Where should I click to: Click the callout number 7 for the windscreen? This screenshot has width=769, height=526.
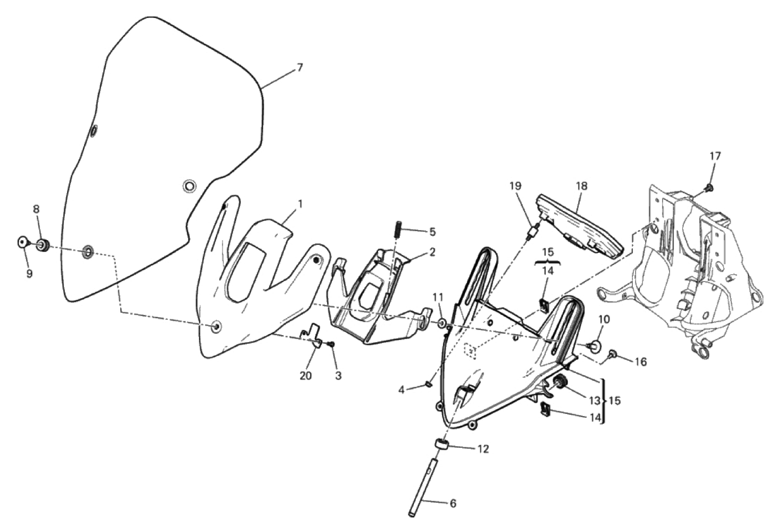[300, 67]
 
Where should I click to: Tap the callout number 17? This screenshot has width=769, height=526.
[716, 156]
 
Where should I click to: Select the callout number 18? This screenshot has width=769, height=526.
[582, 186]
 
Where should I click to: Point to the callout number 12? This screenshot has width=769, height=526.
[483, 449]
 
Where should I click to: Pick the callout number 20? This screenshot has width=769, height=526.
[306, 376]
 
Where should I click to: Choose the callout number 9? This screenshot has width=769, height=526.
[30, 274]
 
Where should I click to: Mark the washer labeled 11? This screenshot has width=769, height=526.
[442, 323]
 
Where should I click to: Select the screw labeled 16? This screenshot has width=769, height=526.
[612, 353]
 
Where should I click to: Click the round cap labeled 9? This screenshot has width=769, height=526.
[22, 242]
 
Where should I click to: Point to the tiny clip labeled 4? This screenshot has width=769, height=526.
[428, 384]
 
